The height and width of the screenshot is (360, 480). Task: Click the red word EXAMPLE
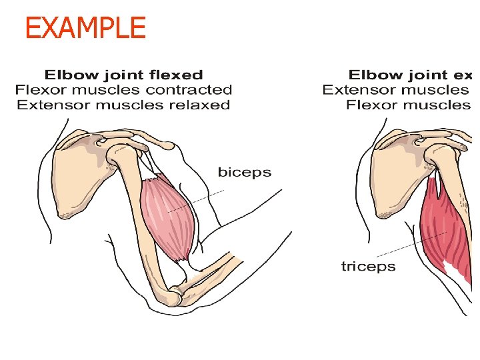point(85,28)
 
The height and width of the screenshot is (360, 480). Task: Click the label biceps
point(245,173)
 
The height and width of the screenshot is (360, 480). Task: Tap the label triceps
point(368,267)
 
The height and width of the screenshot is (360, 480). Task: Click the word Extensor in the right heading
point(353,89)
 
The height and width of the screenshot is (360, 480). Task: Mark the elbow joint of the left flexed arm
point(179,291)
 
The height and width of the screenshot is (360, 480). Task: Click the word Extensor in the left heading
point(47,105)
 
